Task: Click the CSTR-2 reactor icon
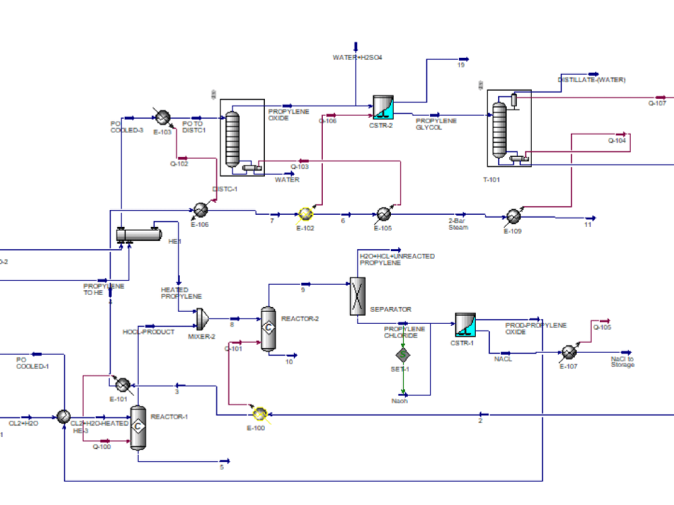pos(384,106)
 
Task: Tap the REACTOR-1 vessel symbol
pos(138,428)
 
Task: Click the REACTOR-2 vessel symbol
pos(268,329)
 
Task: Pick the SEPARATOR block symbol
pos(357,296)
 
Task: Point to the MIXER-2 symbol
pos(202,317)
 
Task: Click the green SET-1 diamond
pos(402,354)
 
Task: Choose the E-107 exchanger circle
pos(568,352)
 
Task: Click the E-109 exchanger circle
pos(513,216)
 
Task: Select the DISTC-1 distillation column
pos(233,139)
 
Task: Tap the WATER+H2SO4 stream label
pos(357,58)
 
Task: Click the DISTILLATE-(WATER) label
pos(591,80)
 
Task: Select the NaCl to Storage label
pos(622,362)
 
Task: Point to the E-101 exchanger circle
pos(123,384)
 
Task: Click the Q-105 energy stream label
pos(602,328)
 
